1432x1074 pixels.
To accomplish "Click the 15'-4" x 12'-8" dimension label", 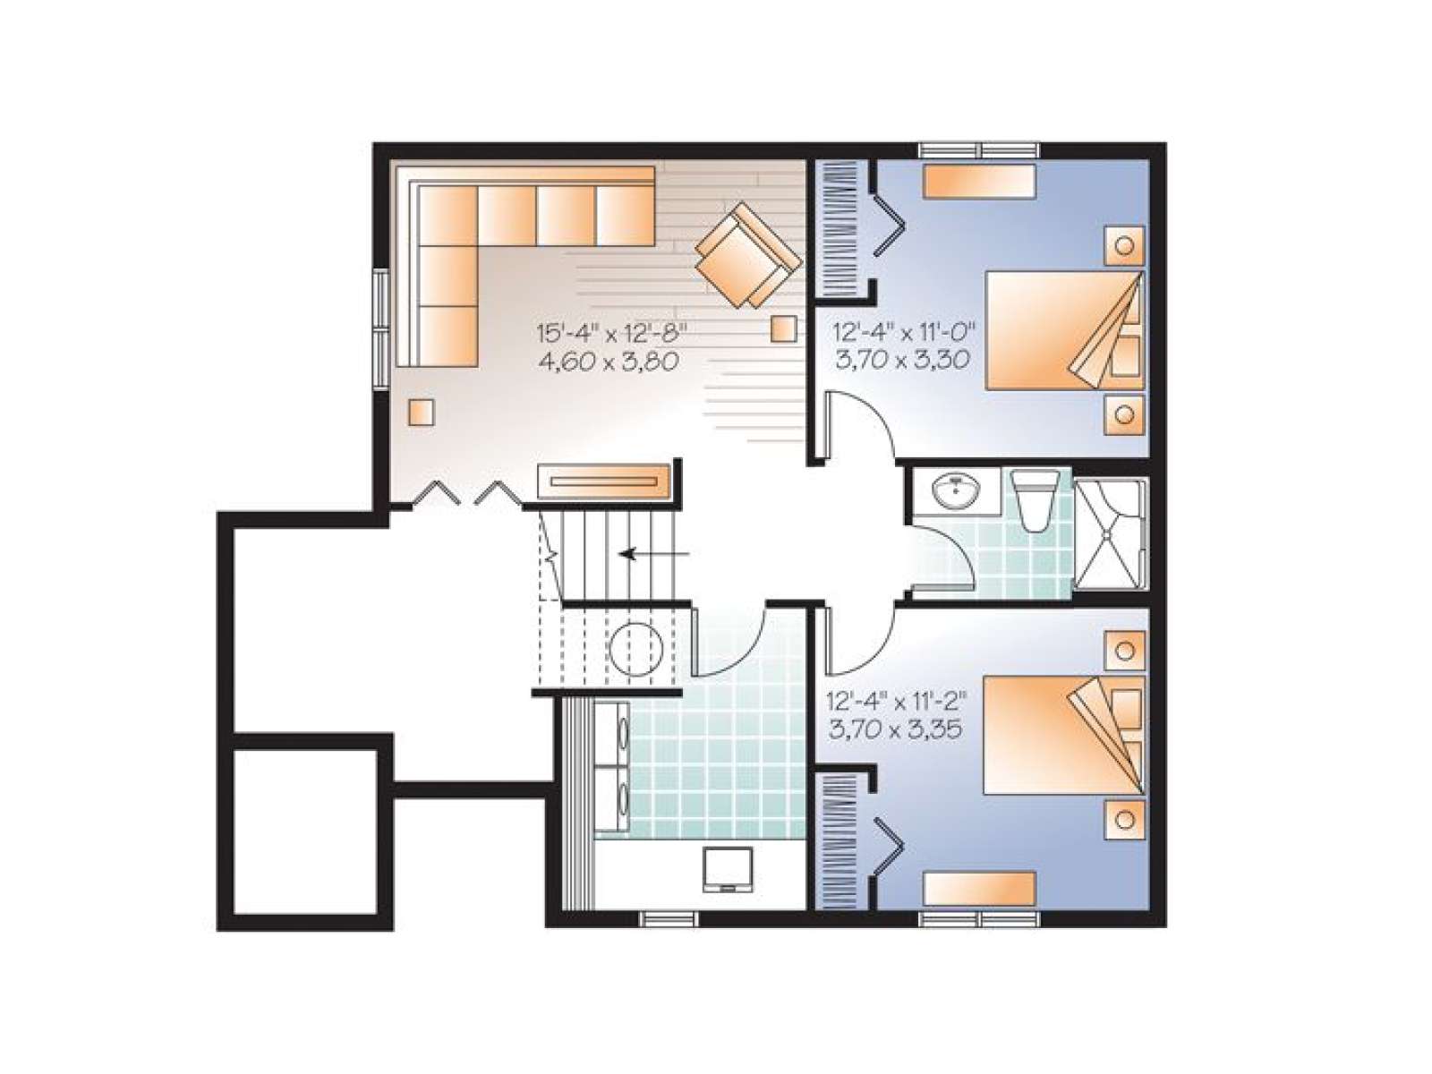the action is coord(612,333).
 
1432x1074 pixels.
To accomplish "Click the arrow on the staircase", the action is coord(654,554).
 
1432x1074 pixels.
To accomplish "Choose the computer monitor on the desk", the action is coord(728,869).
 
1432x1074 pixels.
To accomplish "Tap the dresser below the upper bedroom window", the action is coord(978,181).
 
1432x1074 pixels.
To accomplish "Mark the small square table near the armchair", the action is coord(783,328).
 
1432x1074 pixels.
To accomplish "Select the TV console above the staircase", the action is coord(603,482).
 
